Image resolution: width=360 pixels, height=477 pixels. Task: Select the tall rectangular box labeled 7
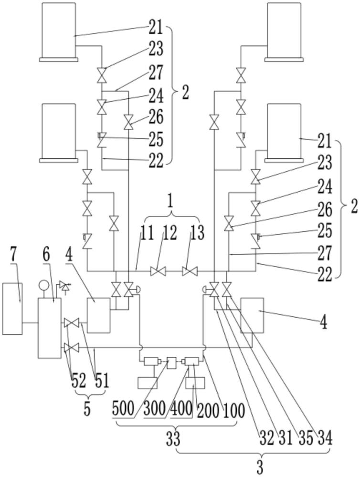[x=12, y=308]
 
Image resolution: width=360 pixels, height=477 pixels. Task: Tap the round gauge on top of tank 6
[x=43, y=286]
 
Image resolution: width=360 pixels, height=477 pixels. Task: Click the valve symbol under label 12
[x=157, y=271]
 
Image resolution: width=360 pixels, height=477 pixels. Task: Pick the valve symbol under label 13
[x=190, y=271]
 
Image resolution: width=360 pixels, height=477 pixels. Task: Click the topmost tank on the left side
[x=58, y=31]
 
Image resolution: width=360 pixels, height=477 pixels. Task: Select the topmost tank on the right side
[x=284, y=31]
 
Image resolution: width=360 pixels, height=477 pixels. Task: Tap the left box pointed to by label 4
[x=98, y=315]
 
